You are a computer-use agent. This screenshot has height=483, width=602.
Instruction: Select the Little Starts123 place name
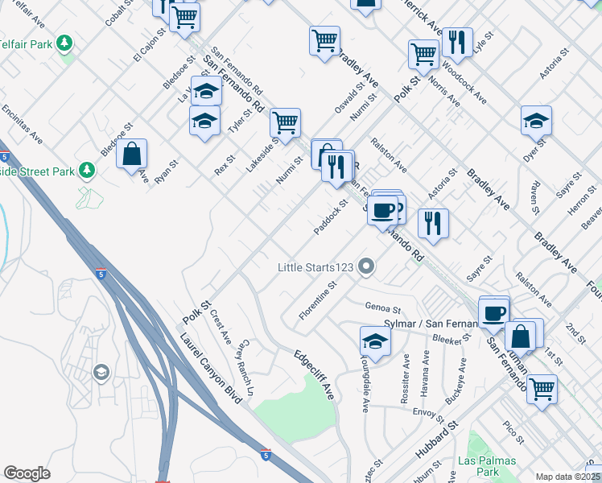tap(315, 266)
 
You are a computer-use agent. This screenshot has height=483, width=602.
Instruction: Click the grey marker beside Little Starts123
tap(367, 266)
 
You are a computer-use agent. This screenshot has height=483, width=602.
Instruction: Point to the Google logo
tap(27, 473)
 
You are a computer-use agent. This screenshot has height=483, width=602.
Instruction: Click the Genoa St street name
tap(382, 308)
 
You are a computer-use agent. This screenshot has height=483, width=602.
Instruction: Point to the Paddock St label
tap(330, 218)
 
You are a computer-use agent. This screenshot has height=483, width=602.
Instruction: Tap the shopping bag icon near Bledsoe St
tap(132, 153)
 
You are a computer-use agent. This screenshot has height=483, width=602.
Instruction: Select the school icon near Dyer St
tap(536, 120)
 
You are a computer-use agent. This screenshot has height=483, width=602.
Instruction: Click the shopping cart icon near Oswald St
tap(324, 40)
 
